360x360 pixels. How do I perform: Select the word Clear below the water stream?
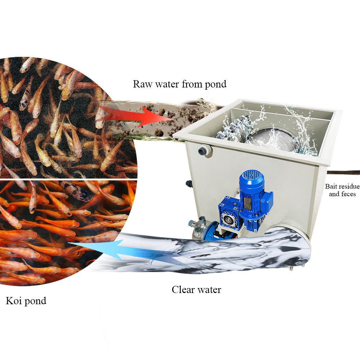[183, 289]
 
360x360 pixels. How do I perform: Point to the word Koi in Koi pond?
[13, 301]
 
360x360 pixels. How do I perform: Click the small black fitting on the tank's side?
[189, 183]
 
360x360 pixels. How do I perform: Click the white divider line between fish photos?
[68, 179]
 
